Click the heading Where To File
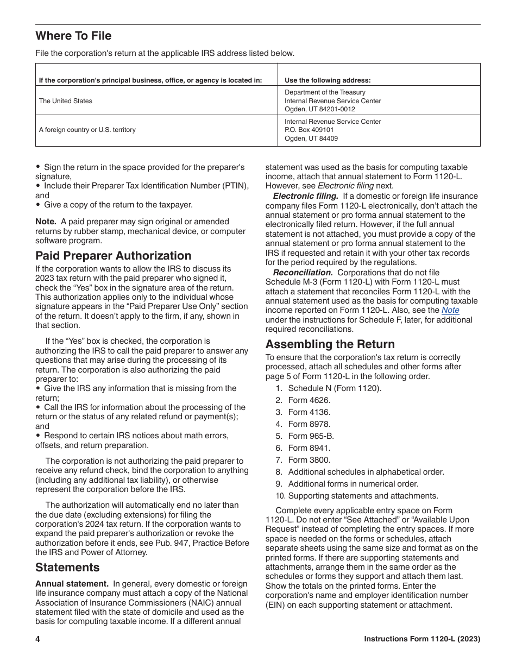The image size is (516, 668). point(73,36)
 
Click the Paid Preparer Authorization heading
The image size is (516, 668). point(113,256)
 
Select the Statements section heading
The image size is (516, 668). point(67,568)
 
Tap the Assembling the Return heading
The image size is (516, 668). point(330,344)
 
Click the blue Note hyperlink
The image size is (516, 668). point(450,310)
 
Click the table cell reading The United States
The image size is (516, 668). point(66,101)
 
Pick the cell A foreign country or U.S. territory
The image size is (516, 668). point(87,130)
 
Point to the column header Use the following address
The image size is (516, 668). point(328,80)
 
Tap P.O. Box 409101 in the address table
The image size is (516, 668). point(309,130)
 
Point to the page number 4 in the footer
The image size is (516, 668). point(38,639)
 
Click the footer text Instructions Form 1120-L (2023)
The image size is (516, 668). point(421,639)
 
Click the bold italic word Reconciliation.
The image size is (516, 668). point(303,273)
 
